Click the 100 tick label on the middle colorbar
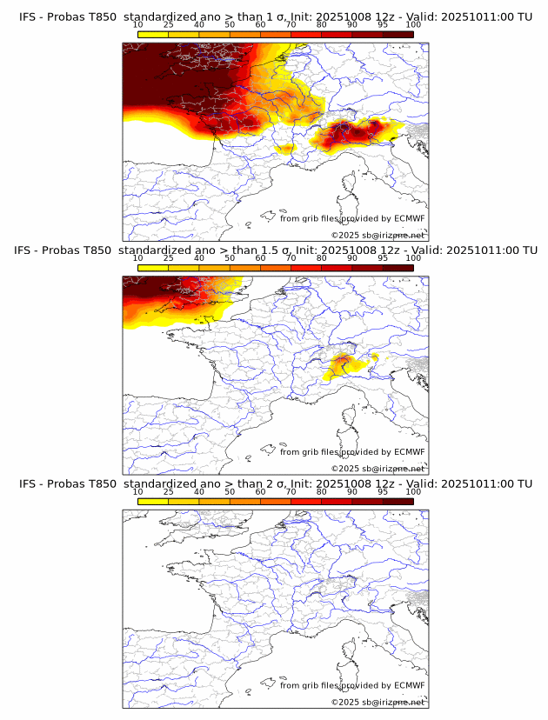[x=413, y=257]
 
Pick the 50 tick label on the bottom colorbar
[x=229, y=491]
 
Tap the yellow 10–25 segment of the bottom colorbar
[x=152, y=501]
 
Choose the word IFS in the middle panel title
[x=28, y=250]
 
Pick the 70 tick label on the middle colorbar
[x=291, y=257]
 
